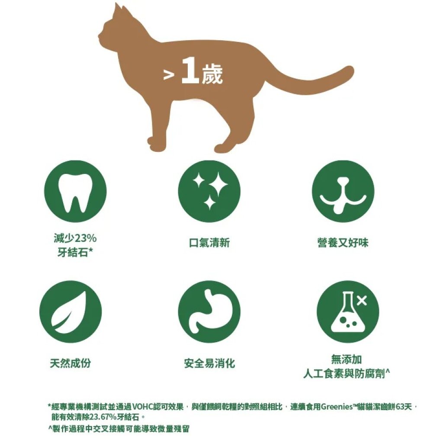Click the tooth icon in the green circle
click(75, 193)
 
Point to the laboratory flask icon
click(346, 312)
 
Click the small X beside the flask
click(362, 301)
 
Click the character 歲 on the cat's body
click(212, 74)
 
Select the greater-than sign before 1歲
click(168, 75)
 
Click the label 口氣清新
click(209, 243)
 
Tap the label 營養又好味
click(343, 243)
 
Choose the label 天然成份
click(71, 363)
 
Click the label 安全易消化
click(209, 363)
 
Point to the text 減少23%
click(75, 238)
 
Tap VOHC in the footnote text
click(143, 407)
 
